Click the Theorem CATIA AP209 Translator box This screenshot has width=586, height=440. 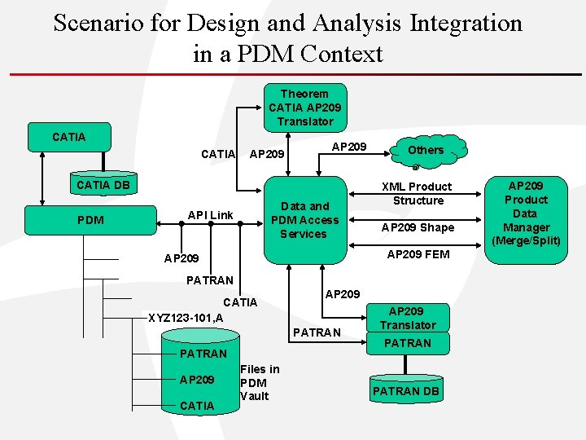[x=305, y=108]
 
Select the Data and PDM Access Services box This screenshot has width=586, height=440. [x=304, y=220]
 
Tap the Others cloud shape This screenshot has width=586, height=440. [x=426, y=150]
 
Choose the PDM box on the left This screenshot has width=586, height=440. [x=90, y=220]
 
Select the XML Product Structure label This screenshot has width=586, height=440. [x=418, y=193]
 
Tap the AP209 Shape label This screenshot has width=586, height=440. [x=418, y=227]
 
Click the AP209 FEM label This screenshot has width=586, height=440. [x=418, y=254]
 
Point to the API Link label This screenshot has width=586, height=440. [x=210, y=215]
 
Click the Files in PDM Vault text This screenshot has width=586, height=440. [x=260, y=382]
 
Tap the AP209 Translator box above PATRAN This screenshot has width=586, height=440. [x=407, y=318]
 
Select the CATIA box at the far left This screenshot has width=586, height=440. [x=68, y=137]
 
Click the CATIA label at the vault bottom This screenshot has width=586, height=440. [x=196, y=406]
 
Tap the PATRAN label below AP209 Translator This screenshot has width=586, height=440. [x=407, y=343]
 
